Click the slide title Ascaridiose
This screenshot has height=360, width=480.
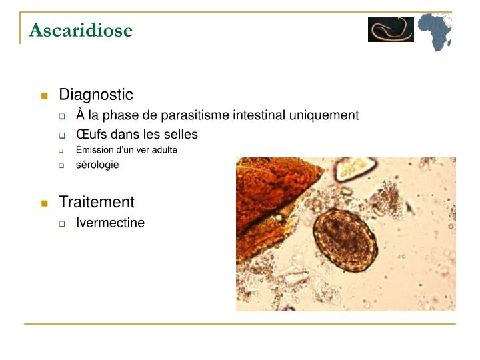(x=81, y=30)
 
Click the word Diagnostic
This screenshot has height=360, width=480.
(x=96, y=95)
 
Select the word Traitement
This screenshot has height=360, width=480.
(x=97, y=202)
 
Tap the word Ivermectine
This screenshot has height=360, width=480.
(x=110, y=223)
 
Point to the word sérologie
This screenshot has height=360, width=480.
(x=97, y=165)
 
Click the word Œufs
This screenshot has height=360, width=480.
(x=91, y=134)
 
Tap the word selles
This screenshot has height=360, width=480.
(x=180, y=134)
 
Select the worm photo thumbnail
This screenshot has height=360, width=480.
(x=391, y=30)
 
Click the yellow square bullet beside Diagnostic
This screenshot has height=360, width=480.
(x=45, y=95)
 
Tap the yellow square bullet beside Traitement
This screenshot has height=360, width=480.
(x=45, y=203)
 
